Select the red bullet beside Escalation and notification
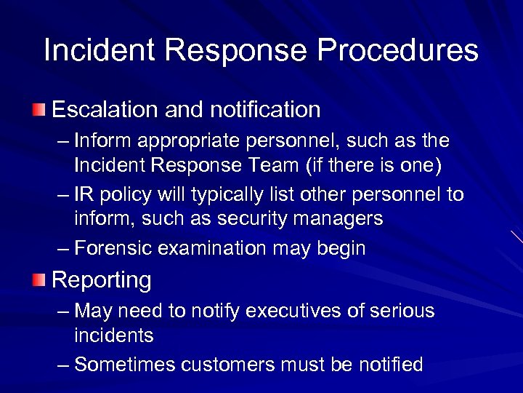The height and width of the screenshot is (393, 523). [38, 111]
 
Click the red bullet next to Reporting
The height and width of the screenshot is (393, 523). [38, 279]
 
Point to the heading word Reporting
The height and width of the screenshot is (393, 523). [102, 280]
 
